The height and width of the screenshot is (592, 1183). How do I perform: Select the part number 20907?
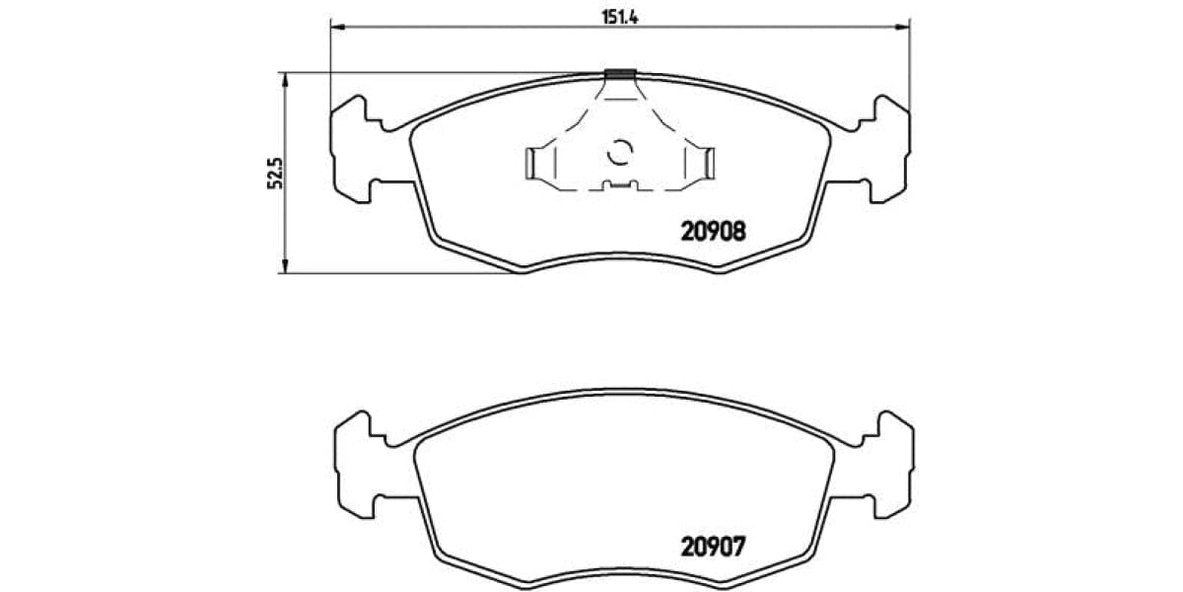tap(712, 545)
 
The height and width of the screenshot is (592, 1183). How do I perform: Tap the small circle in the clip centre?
tap(620, 153)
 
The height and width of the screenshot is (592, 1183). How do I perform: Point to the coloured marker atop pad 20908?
tap(620, 73)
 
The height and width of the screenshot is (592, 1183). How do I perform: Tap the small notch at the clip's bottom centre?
tap(620, 185)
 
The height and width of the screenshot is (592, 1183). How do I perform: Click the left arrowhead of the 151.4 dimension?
tap(335, 27)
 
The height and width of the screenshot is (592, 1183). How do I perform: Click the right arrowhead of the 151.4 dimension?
tap(904, 27)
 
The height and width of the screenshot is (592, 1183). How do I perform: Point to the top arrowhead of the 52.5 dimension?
tap(285, 79)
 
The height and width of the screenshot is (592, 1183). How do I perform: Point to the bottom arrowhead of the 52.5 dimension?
tap(285, 266)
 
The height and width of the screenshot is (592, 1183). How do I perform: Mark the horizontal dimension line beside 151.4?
tap(473, 27)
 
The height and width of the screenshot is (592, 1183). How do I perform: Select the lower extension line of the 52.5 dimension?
tap(394, 273)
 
